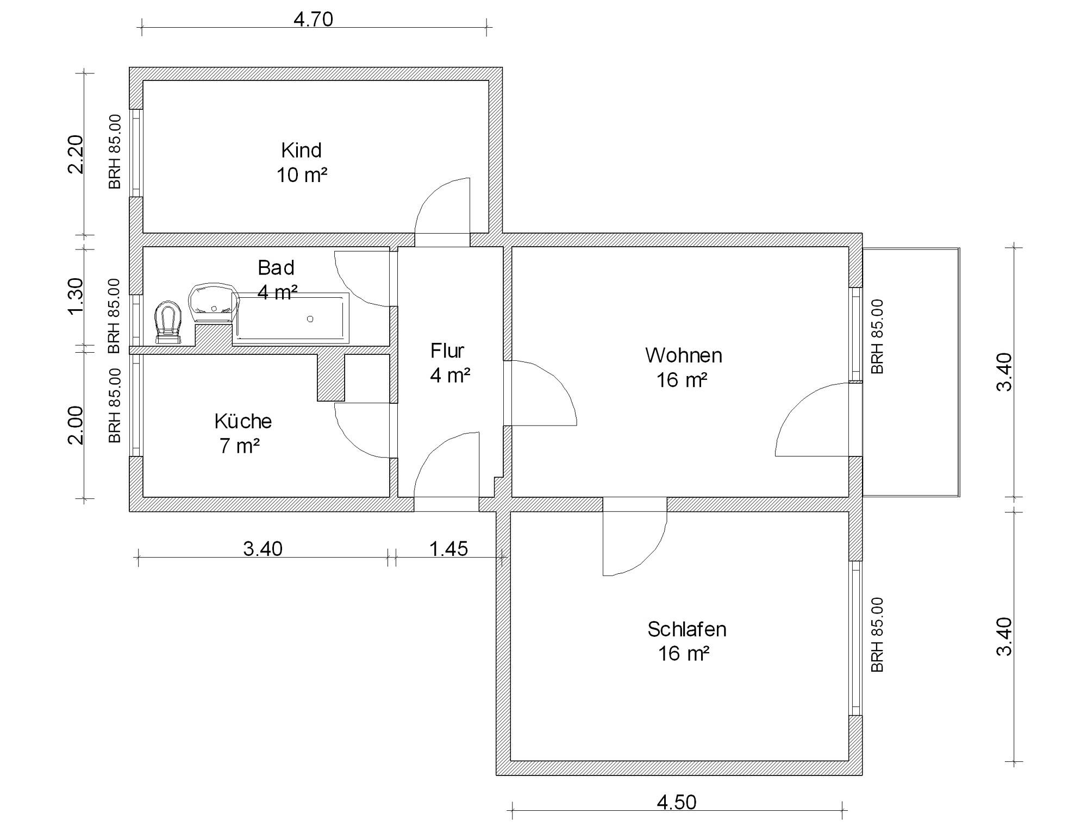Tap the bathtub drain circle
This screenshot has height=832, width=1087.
pos(310,319)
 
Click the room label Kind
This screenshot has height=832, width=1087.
pos(301,150)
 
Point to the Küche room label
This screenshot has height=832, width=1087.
pos(243,421)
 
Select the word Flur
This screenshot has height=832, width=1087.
pos(447,351)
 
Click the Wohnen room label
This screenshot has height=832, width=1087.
pos(684,355)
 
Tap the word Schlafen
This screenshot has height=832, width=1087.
pos(687,629)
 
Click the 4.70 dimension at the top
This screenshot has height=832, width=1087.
pos(313,20)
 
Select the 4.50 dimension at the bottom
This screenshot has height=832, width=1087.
pos(677,802)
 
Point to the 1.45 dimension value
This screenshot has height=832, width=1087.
pos(448,549)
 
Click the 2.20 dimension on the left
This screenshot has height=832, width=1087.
pos(76,154)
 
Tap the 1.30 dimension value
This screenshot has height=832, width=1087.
pos(76,296)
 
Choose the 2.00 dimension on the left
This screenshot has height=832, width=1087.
pos(76,425)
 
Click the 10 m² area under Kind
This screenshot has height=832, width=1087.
pos(302,175)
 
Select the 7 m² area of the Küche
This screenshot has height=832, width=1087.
pos(240,446)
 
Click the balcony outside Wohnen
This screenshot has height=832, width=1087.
pos(911,372)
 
